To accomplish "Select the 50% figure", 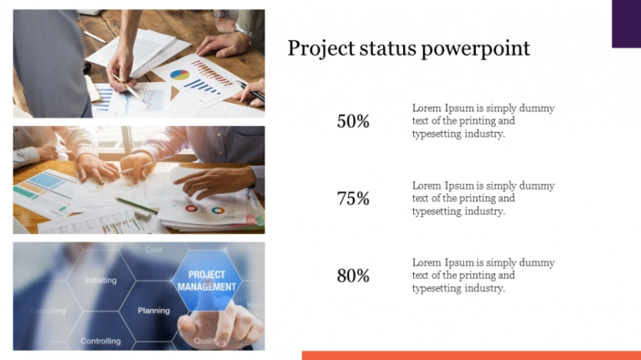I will (353, 121).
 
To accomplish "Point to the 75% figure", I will (353, 199).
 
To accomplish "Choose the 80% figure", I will (353, 276).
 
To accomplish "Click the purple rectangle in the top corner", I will (626, 23).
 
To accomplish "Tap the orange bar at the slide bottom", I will (471, 355).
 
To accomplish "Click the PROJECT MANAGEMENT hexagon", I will (207, 281).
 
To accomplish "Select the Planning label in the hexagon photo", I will (154, 311).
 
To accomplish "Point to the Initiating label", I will (100, 281).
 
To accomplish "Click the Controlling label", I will (100, 341).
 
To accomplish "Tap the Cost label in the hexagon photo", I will (154, 250).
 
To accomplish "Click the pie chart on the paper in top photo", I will (179, 75).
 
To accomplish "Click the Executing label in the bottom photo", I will (48, 311).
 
